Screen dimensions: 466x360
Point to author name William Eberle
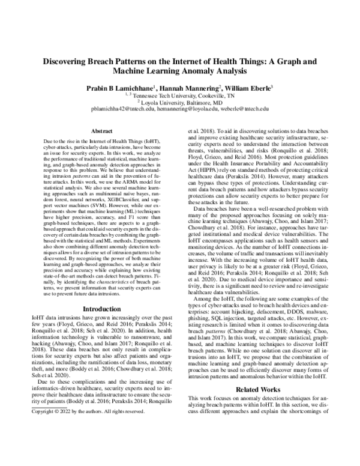[x=247, y=88]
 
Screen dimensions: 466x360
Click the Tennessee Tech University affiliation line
[x=180, y=95]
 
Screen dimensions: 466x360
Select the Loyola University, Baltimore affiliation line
[x=180, y=102]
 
